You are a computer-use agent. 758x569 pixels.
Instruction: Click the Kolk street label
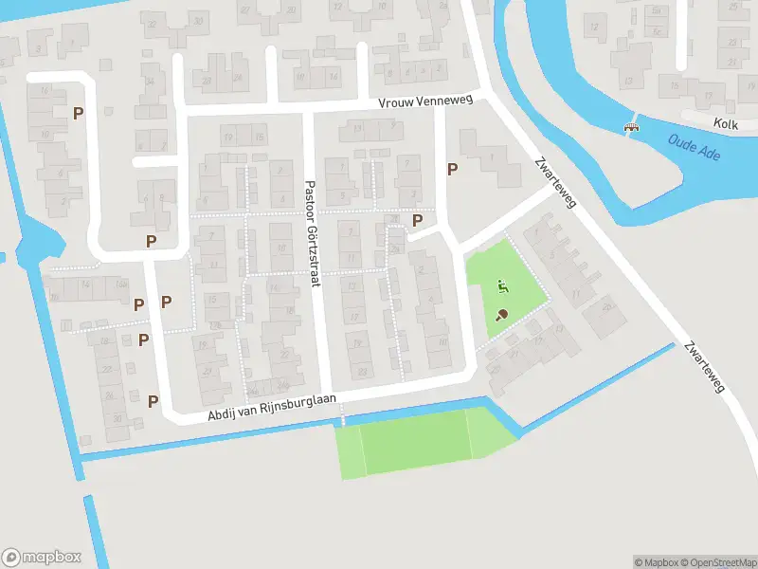click(x=726, y=123)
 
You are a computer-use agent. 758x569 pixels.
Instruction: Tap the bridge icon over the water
click(x=631, y=127)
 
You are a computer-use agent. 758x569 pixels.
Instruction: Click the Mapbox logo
click(x=41, y=558)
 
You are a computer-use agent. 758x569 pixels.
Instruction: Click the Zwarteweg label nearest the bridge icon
click(x=553, y=182)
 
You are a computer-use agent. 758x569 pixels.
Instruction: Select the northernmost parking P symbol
click(x=79, y=113)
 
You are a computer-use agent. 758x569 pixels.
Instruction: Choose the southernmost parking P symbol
click(x=153, y=400)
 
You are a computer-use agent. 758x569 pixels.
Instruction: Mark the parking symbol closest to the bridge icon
click(x=453, y=170)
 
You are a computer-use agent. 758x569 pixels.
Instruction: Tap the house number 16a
click(x=120, y=284)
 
